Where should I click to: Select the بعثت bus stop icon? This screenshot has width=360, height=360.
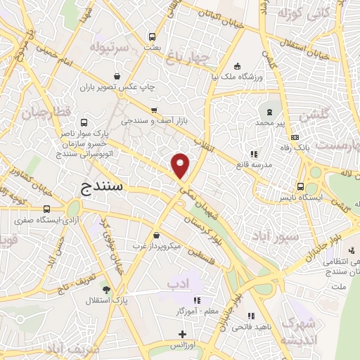152,37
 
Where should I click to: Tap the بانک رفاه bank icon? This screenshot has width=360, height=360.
295,137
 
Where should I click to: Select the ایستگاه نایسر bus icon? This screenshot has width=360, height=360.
301,186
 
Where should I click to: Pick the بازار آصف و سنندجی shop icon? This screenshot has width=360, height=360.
154,110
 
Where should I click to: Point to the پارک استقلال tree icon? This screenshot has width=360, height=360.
106,289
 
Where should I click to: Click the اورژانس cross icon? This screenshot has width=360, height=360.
183,334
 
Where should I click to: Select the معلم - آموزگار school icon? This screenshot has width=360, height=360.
198,299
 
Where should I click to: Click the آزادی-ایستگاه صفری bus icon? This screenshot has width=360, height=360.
46,209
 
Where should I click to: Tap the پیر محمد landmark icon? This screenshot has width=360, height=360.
269,111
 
